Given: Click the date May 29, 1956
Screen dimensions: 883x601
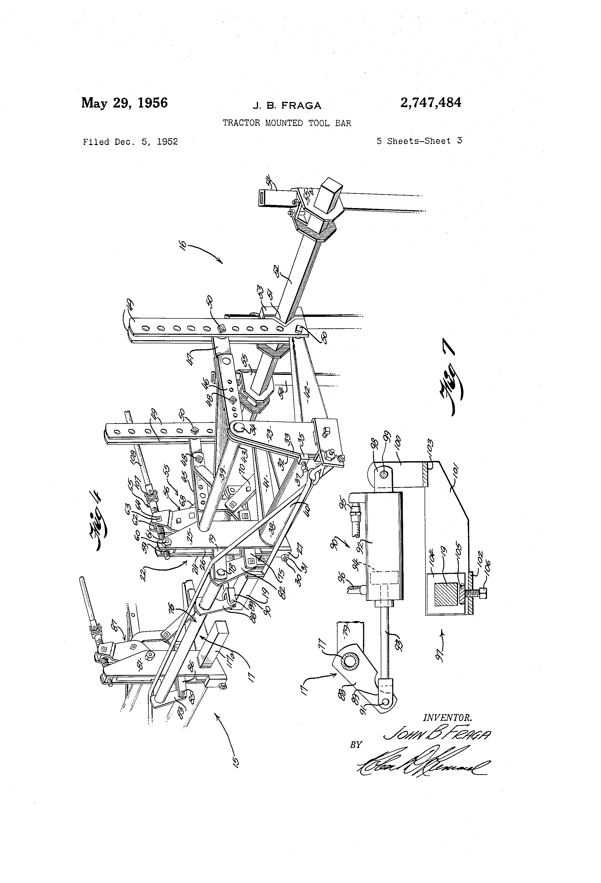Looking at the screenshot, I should [124, 103].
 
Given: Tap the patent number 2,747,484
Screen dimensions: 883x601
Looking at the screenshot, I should [431, 103].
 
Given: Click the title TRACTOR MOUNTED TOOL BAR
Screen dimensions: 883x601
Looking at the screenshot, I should [287, 123].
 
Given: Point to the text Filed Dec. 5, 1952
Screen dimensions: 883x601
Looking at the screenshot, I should [130, 142].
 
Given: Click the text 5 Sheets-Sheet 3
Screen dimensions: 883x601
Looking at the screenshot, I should [419, 141].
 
